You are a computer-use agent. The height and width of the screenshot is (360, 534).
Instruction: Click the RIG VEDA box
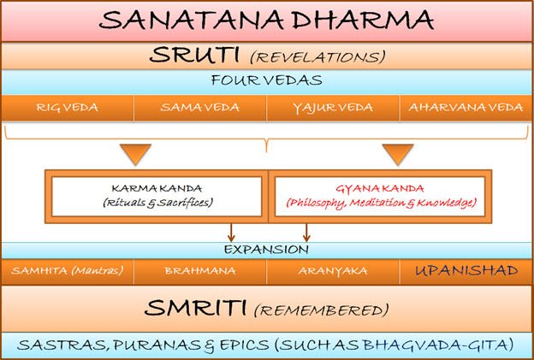point(68,108)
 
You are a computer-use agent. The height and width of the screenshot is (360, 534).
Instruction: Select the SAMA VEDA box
point(200,108)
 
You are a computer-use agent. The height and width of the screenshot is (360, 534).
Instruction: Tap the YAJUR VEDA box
point(333,108)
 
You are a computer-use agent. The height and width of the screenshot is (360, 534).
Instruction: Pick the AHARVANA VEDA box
point(466,108)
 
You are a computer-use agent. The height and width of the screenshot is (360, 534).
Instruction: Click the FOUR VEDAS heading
point(267,80)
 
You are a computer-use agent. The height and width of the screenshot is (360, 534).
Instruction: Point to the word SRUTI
point(194,55)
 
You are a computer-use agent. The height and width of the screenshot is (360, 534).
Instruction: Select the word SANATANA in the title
point(192,20)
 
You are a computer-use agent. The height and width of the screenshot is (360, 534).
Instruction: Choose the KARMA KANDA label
point(157,188)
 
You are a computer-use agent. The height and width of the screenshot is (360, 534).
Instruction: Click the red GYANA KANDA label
point(380,188)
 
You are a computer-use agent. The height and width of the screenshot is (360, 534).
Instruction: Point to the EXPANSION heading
point(266,250)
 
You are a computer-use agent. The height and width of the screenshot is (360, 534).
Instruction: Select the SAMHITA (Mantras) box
point(68,271)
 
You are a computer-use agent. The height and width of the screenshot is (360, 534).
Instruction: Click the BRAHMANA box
point(200,271)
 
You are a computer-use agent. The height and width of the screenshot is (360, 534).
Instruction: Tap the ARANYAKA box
point(333,271)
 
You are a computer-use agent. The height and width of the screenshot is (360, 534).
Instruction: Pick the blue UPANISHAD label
point(466,271)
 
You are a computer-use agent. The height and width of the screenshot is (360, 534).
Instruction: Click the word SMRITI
point(195,309)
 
